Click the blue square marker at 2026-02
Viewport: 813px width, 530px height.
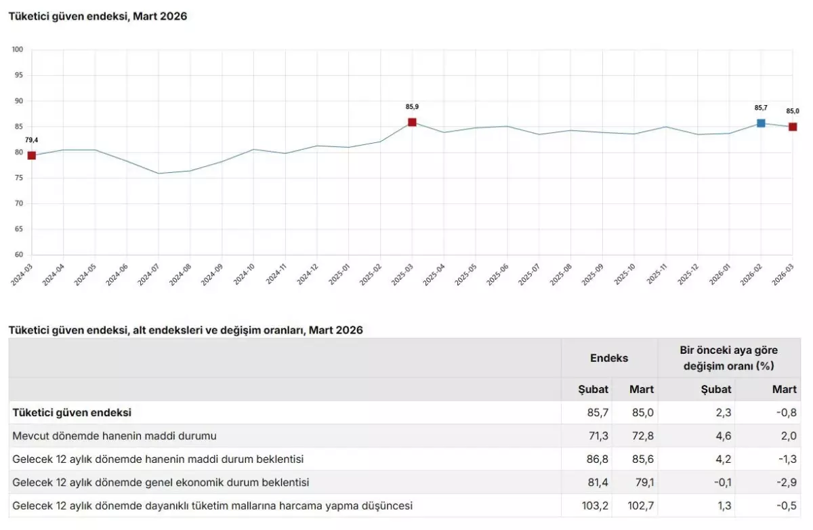tap(761, 123)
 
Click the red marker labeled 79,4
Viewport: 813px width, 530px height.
tap(31, 155)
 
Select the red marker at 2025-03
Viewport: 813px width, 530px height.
tap(412, 122)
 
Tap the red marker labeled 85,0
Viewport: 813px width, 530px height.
tap(793, 127)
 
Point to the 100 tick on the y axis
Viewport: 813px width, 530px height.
tap(18, 49)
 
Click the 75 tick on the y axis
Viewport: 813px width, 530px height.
tap(18, 178)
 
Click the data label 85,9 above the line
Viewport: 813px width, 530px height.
tap(412, 106)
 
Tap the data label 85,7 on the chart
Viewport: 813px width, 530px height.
tap(761, 107)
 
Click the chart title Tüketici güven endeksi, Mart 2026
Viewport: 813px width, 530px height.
tap(98, 16)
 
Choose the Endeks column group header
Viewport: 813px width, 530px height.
tap(609, 358)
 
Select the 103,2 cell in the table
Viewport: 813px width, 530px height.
tap(596, 506)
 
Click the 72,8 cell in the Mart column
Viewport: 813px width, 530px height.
tap(641, 436)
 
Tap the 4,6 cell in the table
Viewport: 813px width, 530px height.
tap(724, 436)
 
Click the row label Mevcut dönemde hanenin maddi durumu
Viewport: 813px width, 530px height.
tap(114, 436)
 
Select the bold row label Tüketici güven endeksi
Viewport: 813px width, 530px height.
tap(72, 412)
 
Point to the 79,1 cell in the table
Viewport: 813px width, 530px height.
tap(641, 483)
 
